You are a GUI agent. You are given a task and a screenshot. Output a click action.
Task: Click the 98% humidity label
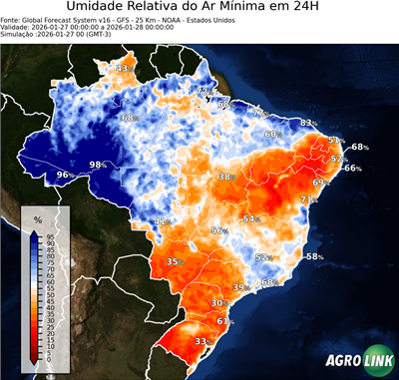coord(99,165)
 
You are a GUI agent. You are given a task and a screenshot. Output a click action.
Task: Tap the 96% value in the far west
coord(65,176)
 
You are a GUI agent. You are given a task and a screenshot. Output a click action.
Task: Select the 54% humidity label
coord(252,218)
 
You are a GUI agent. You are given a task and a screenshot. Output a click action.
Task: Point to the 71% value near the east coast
coord(309,200)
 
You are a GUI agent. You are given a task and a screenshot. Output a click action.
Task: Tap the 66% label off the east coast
coord(352,169)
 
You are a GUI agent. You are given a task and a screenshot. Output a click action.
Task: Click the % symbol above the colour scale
coord(38,218)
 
